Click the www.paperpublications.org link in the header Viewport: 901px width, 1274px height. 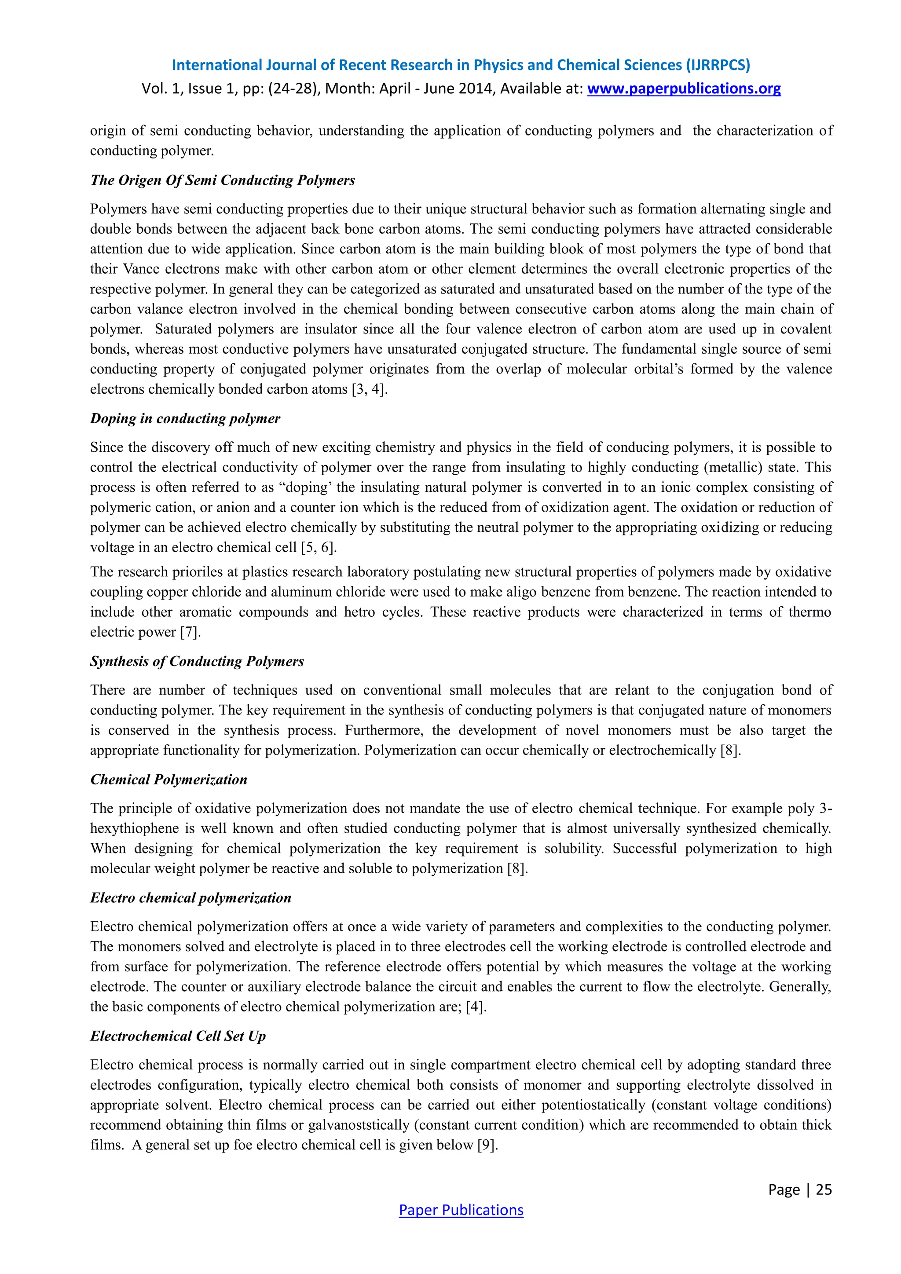click(x=684, y=88)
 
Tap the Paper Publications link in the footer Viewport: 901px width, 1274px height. click(x=461, y=1210)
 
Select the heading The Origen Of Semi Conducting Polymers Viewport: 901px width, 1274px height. click(x=223, y=180)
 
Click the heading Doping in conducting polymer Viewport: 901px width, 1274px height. click(x=185, y=418)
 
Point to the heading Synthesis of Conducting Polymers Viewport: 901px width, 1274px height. click(x=197, y=661)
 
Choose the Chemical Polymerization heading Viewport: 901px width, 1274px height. click(x=168, y=779)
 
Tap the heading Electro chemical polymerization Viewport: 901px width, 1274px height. click(x=190, y=897)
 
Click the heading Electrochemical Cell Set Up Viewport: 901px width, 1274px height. click(x=178, y=1036)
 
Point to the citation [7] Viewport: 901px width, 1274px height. click(x=190, y=632)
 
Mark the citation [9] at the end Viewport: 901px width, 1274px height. click(x=487, y=1145)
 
